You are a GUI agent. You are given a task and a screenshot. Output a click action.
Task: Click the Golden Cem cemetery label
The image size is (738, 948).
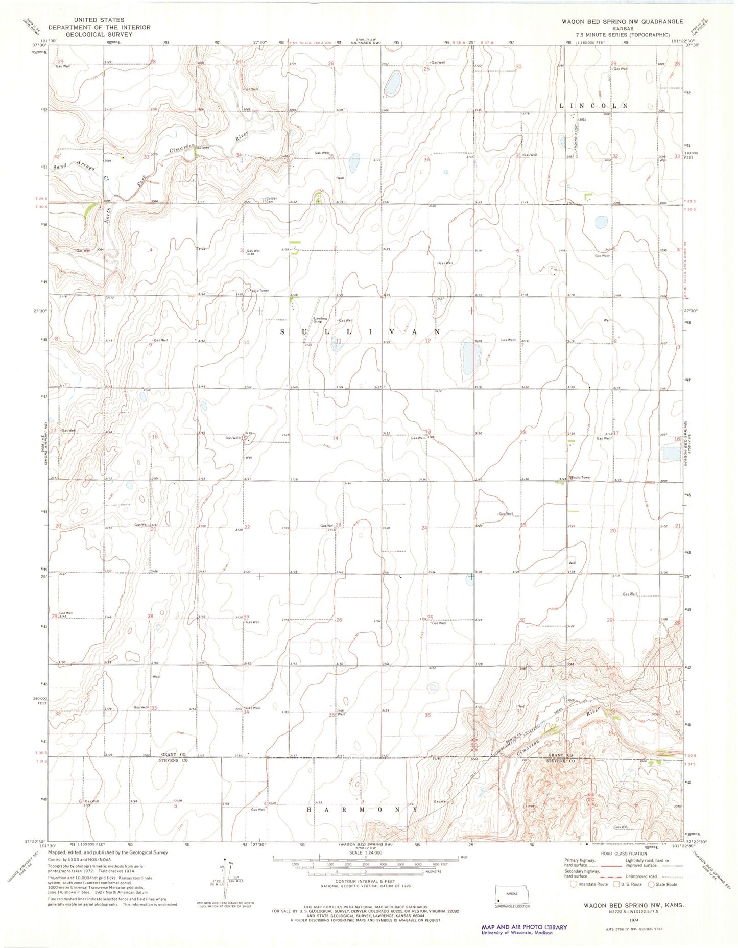[271, 200]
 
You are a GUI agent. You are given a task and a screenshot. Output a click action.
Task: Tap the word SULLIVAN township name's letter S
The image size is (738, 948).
[284, 332]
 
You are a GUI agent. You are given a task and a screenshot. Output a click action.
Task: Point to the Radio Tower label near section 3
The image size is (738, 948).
[259, 290]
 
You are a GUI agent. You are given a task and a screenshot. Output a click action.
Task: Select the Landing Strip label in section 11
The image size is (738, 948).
[320, 320]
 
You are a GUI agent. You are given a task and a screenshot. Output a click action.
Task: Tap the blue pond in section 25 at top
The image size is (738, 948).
[393, 83]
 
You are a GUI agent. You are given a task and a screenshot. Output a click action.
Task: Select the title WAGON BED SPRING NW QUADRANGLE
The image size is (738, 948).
[622, 21]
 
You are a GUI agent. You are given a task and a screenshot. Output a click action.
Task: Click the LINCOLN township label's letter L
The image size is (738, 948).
[562, 106]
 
